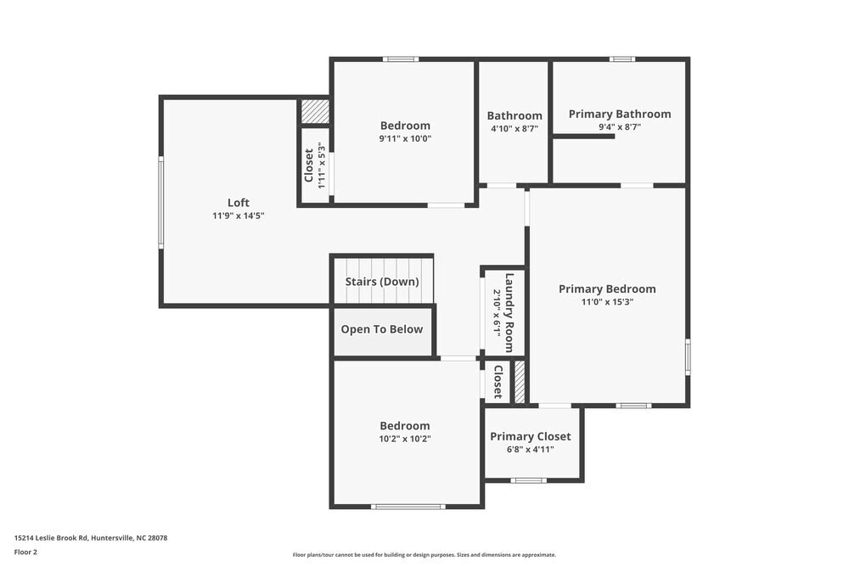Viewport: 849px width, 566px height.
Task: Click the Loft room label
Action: pyautogui.click(x=239, y=202)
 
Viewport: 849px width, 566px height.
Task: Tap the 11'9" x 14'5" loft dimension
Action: pyautogui.click(x=239, y=216)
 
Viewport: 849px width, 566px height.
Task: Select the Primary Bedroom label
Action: pyautogui.click(x=607, y=289)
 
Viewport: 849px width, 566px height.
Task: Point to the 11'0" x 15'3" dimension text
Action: pyautogui.click(x=607, y=302)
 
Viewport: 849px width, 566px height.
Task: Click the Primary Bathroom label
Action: pyautogui.click(x=620, y=114)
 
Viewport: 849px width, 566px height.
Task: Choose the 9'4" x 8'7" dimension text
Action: pyautogui.click(x=620, y=127)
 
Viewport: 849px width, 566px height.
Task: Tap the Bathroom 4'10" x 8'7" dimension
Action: pyautogui.click(x=514, y=129)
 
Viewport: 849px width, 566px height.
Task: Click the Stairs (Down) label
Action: pyautogui.click(x=382, y=282)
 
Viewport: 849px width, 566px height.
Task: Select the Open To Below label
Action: pyautogui.click(x=382, y=329)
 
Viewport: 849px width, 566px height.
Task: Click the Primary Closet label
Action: pyautogui.click(x=531, y=436)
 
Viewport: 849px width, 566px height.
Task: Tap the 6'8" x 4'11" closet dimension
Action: pyautogui.click(x=531, y=450)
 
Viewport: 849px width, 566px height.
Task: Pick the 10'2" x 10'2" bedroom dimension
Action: pyautogui.click(x=405, y=439)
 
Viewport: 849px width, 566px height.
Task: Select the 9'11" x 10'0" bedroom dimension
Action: pyautogui.click(x=405, y=138)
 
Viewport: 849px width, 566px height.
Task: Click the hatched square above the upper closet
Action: pyautogui.click(x=315, y=111)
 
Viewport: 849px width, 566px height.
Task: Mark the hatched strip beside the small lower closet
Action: pyautogui.click(x=520, y=382)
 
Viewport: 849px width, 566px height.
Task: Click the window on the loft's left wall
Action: pyautogui.click(x=161, y=202)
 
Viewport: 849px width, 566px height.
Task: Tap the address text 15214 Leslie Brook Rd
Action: pyautogui.click(x=91, y=537)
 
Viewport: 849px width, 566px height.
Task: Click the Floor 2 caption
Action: pyautogui.click(x=25, y=552)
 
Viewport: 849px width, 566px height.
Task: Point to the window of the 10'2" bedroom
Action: pyautogui.click(x=408, y=507)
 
